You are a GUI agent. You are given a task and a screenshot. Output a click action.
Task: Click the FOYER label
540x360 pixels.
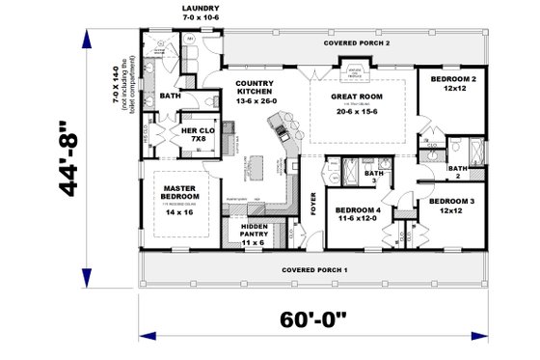pos(312,204)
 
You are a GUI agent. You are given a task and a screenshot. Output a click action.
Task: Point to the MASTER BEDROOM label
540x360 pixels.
pos(179,192)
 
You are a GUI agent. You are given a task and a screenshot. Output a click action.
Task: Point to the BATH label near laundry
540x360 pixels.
pos(171,97)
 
